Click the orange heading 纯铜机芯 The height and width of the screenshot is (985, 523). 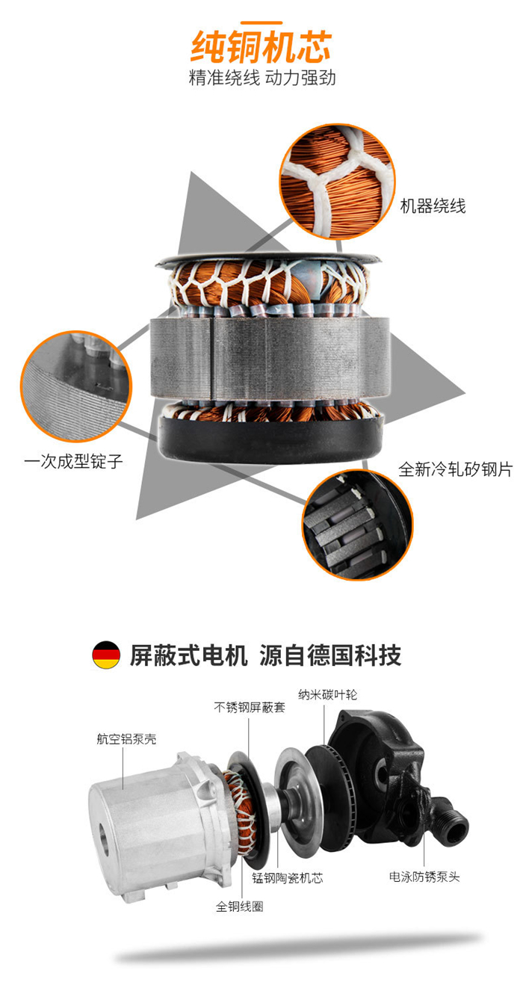click(261, 46)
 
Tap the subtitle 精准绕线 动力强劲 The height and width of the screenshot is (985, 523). click(262, 78)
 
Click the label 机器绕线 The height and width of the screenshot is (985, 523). click(433, 206)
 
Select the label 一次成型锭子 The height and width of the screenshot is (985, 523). click(73, 461)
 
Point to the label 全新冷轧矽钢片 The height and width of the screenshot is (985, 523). click(455, 469)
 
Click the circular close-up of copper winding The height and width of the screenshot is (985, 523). click(338, 181)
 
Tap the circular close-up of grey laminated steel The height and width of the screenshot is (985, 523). click(76, 386)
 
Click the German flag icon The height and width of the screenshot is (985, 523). click(106, 655)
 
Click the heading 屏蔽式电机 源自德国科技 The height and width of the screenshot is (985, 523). click(265, 655)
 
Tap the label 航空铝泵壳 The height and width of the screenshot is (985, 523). click(126, 738)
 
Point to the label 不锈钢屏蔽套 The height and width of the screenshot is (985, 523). click(250, 708)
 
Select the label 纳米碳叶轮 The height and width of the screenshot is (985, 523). click(327, 694)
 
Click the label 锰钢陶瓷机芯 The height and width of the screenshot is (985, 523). click(288, 877)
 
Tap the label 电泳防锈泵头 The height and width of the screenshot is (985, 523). click(424, 877)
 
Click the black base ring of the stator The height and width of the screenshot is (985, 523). click(270, 436)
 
